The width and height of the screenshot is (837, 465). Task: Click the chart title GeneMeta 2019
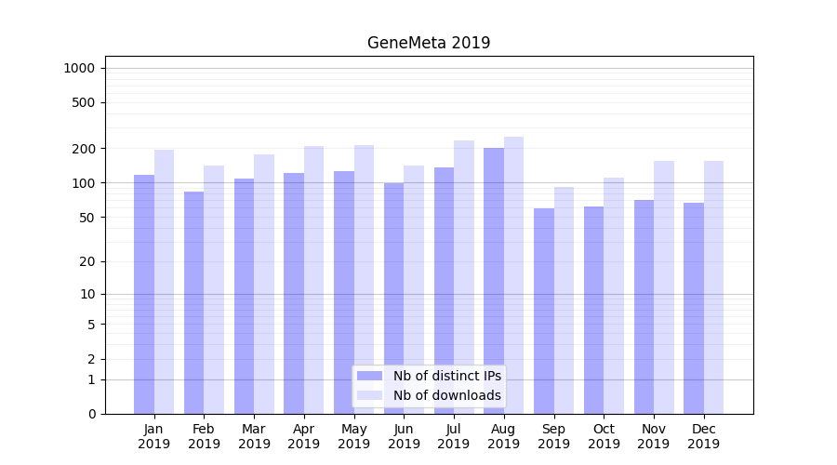tap(429, 43)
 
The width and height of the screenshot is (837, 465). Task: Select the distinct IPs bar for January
tap(144, 294)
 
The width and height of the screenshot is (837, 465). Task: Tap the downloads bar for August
tap(513, 275)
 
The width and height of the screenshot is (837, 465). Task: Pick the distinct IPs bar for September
tap(544, 311)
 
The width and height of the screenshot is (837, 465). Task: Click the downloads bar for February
tap(214, 289)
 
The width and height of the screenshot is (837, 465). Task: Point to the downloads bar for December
tap(713, 287)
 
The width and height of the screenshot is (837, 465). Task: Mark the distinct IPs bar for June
tap(394, 298)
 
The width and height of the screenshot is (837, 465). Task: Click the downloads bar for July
tap(464, 277)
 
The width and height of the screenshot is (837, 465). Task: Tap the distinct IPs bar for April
tap(294, 293)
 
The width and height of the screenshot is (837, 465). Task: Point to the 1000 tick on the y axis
tap(79, 68)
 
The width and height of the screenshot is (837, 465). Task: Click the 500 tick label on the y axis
tap(83, 102)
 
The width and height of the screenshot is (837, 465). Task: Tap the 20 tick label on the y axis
tap(86, 261)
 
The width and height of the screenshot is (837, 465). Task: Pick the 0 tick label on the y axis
tap(90, 414)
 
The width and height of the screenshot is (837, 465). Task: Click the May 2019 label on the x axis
tap(354, 436)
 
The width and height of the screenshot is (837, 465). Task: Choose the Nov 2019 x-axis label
tap(654, 436)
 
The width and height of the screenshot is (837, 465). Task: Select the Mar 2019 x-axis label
tap(254, 436)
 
